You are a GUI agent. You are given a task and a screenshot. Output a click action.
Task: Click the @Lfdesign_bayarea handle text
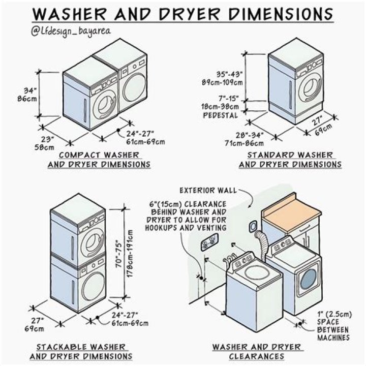click(x=72, y=32)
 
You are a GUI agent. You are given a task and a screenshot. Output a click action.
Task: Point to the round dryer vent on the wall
click(x=252, y=226)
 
